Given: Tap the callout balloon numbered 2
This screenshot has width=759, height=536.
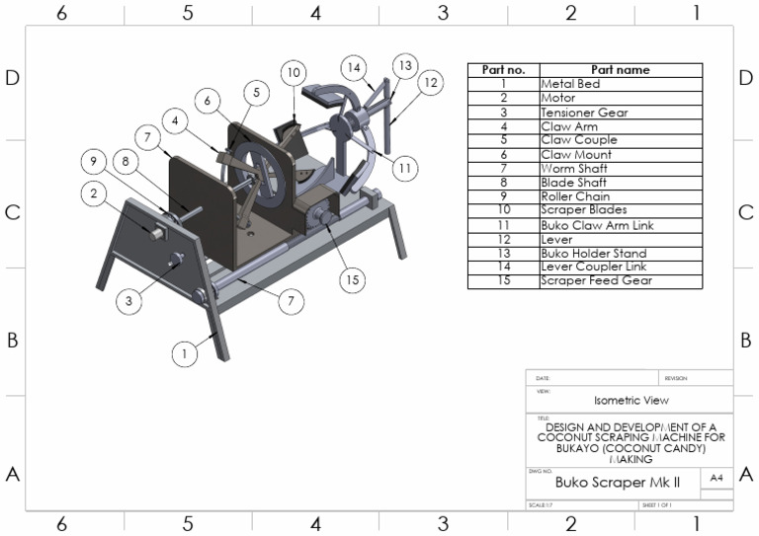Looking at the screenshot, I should (95, 194).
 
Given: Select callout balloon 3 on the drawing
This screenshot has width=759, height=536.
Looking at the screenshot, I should (128, 302).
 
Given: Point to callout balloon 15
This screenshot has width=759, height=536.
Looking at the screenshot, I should (351, 280).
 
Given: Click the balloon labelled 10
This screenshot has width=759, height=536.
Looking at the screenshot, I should (293, 72).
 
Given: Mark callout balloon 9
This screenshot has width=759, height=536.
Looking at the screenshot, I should (91, 161).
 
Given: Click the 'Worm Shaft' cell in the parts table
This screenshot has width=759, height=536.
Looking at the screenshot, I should (568, 169).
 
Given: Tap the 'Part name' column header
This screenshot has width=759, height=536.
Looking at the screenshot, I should (620, 70).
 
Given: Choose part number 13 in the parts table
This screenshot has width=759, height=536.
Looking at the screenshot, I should (503, 253).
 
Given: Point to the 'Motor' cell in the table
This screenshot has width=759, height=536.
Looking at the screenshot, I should (558, 99).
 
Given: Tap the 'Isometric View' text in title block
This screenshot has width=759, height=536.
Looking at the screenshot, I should (630, 401).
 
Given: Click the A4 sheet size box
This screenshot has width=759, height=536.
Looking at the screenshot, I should (716, 478).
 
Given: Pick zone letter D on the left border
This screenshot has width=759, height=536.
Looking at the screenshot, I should (13, 78).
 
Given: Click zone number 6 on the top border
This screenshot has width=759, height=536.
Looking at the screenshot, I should (61, 13).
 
